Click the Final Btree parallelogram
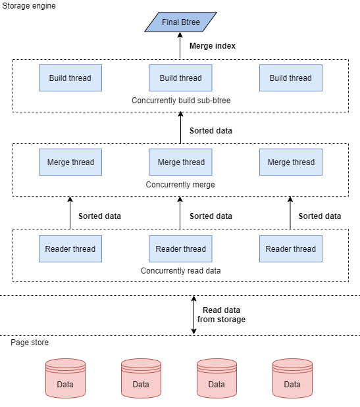180,22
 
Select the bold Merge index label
212,46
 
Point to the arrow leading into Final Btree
180,46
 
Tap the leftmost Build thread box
70,78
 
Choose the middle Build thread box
180,78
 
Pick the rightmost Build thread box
290,78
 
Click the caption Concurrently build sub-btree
180,101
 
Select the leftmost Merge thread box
70,162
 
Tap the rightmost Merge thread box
290,162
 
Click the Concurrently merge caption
180,185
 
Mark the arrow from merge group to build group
180,126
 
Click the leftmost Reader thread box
70,249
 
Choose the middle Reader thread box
180,249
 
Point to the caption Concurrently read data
180,270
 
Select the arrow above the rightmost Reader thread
290,212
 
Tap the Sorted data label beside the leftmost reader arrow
99,216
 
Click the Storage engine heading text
29,6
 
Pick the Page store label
29,343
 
